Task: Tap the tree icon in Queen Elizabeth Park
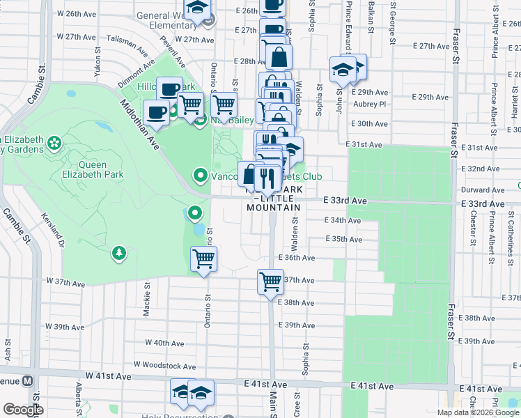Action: tap(119, 251)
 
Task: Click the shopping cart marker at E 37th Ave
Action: tap(270, 282)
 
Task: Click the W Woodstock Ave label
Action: tap(165, 364)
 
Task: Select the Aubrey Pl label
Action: tap(369, 104)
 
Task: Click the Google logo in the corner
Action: tap(23, 410)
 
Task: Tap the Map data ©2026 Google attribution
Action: tap(478, 412)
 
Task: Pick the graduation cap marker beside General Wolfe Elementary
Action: tap(198, 8)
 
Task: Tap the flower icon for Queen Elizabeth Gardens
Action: tap(54, 144)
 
